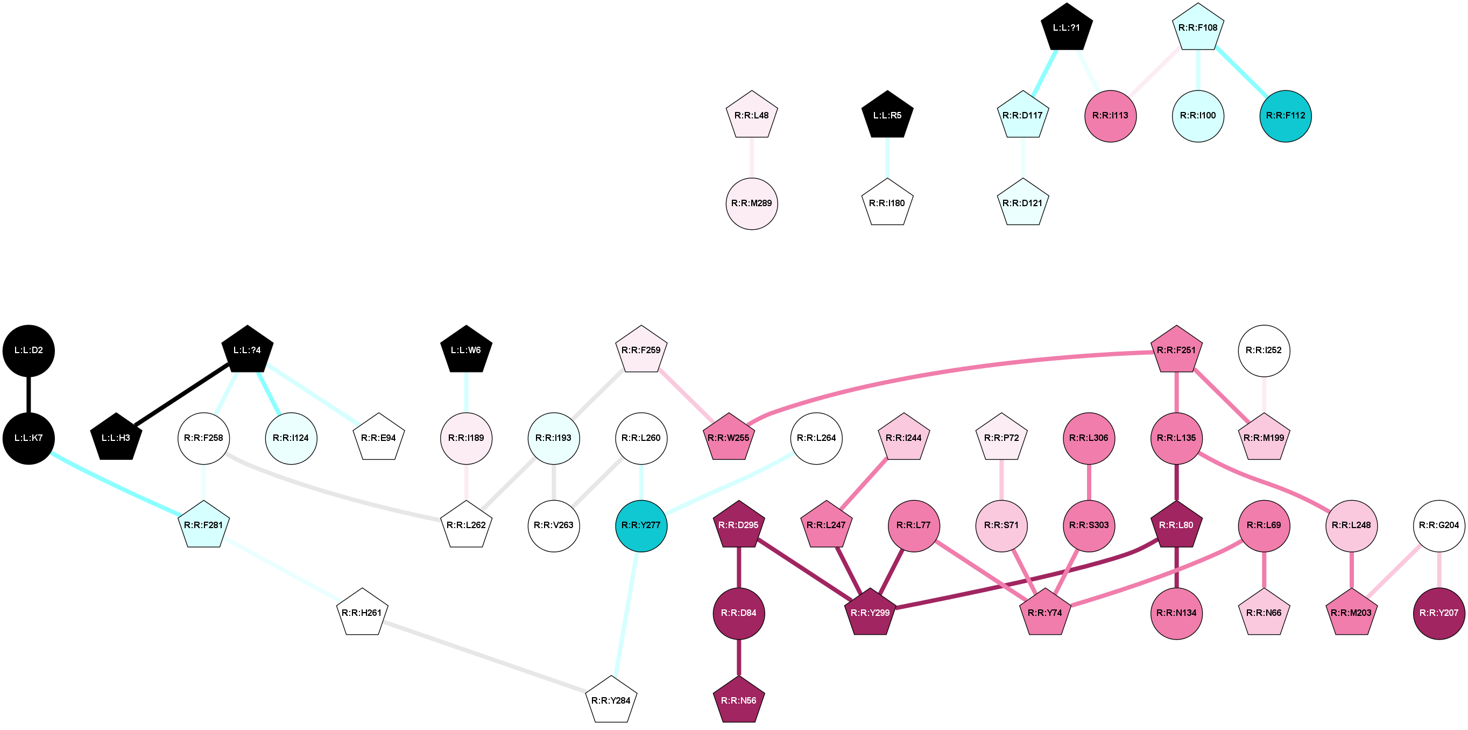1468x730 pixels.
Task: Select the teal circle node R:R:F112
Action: (x=1285, y=116)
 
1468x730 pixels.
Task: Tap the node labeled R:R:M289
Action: (x=751, y=203)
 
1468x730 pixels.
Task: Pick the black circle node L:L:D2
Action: (x=29, y=350)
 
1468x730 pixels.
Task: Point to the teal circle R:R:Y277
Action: (x=641, y=525)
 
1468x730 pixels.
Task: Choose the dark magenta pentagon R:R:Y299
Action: (x=870, y=613)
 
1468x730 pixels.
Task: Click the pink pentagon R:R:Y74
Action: (x=1044, y=613)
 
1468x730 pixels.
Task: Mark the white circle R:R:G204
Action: (x=1438, y=525)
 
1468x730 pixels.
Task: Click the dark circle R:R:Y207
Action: (x=1438, y=613)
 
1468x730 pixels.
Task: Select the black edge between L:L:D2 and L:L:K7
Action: (x=29, y=394)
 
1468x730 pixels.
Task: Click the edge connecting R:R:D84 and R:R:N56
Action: (x=738, y=657)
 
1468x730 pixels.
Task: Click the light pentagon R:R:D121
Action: (x=1022, y=203)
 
